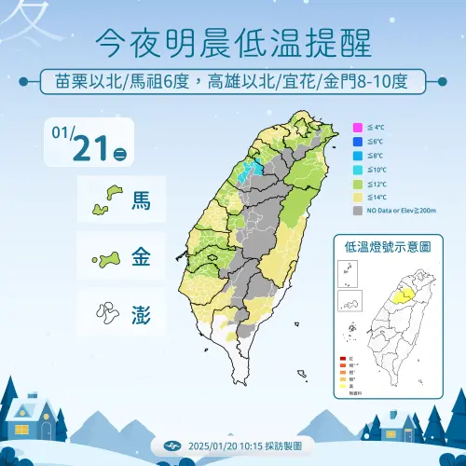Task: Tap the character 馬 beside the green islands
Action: [142, 199]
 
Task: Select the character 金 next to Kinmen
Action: [142, 255]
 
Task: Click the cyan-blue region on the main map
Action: [248, 171]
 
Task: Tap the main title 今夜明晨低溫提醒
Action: [233, 42]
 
